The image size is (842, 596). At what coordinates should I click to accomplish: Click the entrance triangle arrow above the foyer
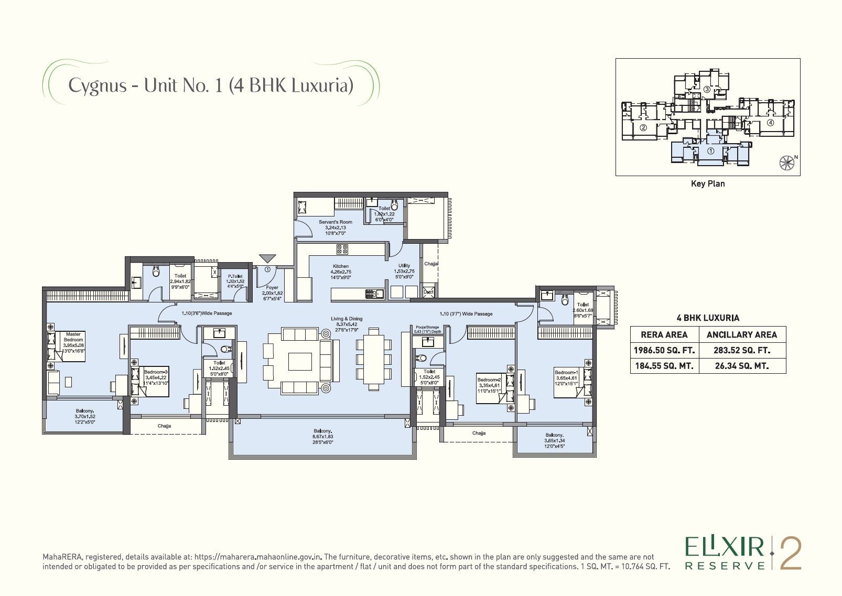pos(267,258)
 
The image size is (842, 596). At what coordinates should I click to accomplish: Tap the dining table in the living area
pos(374,359)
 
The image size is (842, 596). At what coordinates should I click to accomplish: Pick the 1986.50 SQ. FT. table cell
pos(664,350)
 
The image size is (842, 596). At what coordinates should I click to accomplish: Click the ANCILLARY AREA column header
pos(741,334)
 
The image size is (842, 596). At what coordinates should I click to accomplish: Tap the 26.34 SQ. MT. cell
pos(741,366)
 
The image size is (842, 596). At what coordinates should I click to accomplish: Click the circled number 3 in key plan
pos(707,90)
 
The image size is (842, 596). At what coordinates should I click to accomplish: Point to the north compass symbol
pos(786,162)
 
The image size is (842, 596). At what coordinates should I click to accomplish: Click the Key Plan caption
pos(708,183)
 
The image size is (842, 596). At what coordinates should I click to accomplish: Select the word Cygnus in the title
pos(98,85)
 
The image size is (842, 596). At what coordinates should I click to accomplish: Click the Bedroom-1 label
pos(566,375)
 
